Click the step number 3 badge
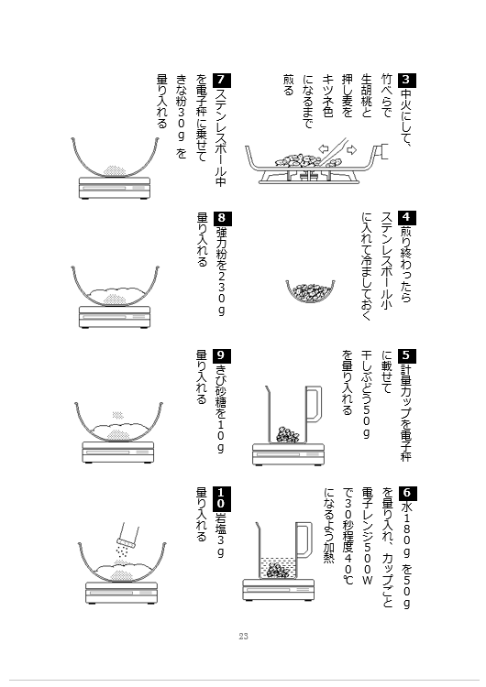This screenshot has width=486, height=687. [406, 80]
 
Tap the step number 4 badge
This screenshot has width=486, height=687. [406, 218]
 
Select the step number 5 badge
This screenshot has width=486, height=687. [406, 355]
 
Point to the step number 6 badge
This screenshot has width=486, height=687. [406, 493]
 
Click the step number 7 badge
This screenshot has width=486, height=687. [222, 80]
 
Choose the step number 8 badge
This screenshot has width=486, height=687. [222, 218]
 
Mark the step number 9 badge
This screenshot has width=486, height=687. [222, 355]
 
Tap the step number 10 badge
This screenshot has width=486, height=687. [222, 498]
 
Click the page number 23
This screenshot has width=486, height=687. [243, 637]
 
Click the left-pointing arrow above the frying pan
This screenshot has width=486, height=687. [324, 148]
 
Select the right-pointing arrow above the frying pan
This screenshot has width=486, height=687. [351, 150]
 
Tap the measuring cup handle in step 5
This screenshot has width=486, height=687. [314, 404]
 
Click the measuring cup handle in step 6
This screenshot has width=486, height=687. [304, 540]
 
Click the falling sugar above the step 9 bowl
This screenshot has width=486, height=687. [116, 415]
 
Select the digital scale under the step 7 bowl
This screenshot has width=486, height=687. [115, 188]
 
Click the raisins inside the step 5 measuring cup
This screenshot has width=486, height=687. [288, 434]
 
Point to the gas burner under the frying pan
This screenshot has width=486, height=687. [309, 176]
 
